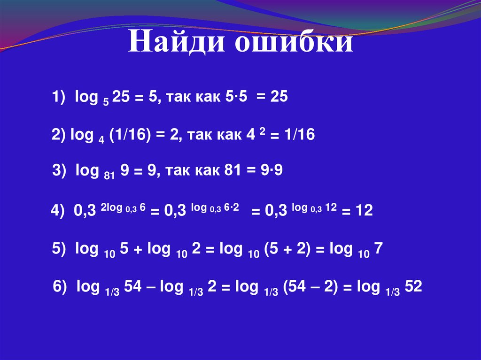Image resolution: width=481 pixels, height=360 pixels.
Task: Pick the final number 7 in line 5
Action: point(380,250)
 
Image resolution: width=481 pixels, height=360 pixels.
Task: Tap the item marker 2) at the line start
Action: point(59,135)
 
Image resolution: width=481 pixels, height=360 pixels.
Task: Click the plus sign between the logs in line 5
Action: point(140,251)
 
